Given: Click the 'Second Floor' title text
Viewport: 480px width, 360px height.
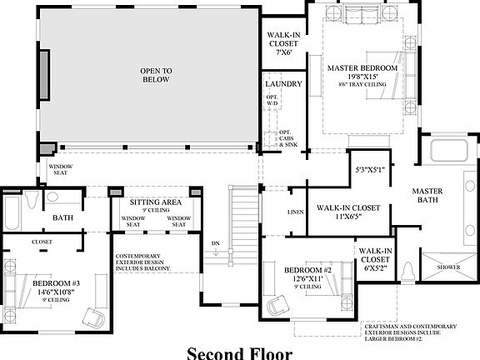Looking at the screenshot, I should pyautogui.click(x=239, y=352).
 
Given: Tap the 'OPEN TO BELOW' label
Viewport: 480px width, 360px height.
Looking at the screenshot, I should pyautogui.click(x=155, y=75).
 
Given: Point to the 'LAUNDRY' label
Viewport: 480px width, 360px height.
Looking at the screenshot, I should pyautogui.click(x=282, y=85).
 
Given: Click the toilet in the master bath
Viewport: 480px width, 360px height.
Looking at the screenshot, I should pyautogui.click(x=408, y=271).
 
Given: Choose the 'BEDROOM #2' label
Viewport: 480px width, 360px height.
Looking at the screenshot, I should pyautogui.click(x=308, y=270).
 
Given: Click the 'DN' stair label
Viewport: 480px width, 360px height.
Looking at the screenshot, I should pyautogui.click(x=215, y=243).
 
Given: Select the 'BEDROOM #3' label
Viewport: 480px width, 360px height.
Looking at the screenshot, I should pyautogui.click(x=56, y=283).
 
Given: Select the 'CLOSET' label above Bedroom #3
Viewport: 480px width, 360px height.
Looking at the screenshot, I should pyautogui.click(x=42, y=242).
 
